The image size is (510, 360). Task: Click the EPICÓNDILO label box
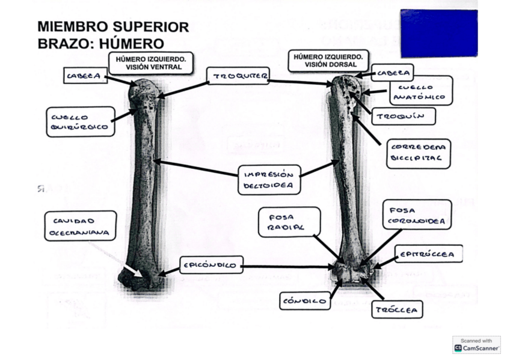tap(211, 264)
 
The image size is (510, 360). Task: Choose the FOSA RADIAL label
tap(289, 222)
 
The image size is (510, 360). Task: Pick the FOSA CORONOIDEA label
tap(417, 215)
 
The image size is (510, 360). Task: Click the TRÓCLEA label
tap(397, 310)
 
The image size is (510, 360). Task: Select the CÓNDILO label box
tap(306, 301)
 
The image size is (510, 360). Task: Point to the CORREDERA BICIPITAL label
tap(419, 153)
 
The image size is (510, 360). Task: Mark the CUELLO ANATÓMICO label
tap(420, 91)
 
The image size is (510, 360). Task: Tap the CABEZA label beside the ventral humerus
tap(85, 76)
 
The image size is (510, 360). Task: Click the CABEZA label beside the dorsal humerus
tap(392, 73)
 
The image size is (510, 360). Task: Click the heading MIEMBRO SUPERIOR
tap(113, 27)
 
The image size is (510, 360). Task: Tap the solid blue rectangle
tap(438, 33)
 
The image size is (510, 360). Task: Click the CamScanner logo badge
tap(476, 345)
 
